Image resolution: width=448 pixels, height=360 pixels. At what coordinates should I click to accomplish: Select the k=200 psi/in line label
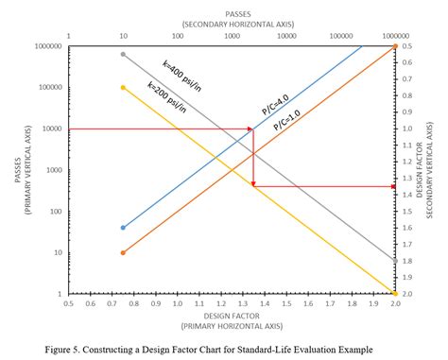click(166, 101)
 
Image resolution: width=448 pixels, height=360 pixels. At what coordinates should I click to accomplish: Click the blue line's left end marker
click(124, 228)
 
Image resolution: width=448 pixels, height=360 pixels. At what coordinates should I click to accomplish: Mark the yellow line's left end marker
click(124, 88)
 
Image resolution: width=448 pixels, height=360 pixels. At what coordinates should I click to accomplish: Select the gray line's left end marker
click(124, 54)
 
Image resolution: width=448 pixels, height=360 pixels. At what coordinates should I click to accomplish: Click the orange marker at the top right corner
click(393, 45)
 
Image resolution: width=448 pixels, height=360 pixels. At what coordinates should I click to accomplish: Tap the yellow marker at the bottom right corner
click(393, 294)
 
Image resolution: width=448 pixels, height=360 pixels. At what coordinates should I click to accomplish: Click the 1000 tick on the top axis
click(232, 36)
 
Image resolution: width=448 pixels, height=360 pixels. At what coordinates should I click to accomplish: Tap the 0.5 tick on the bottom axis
click(69, 304)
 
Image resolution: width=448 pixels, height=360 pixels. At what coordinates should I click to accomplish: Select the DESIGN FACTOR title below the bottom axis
click(232, 315)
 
